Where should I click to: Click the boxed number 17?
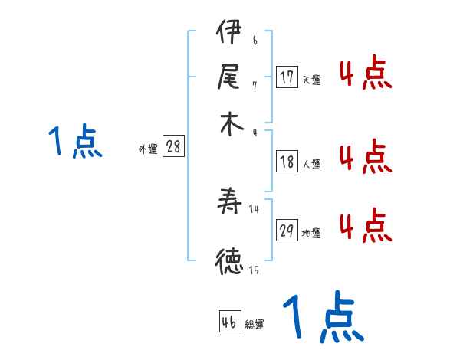[x=287, y=77]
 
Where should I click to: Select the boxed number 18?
[x=287, y=162]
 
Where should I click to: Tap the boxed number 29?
[x=287, y=231]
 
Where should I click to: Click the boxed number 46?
[x=229, y=322]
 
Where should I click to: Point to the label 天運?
[x=311, y=80]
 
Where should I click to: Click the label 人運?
[x=311, y=164]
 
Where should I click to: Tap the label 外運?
[x=147, y=150]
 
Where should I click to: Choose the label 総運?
[x=255, y=325]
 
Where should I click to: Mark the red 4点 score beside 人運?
[x=365, y=157]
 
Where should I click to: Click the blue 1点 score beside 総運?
[x=323, y=318]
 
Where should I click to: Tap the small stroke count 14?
[x=255, y=209]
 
